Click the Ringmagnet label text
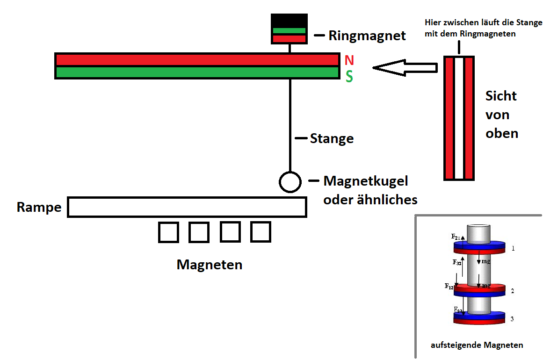[x=367, y=36]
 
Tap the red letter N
[x=349, y=60]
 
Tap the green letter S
[x=349, y=77]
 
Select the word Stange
[x=332, y=138]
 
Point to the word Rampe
[x=39, y=207]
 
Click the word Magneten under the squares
[x=210, y=265]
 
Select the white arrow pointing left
[x=405, y=68]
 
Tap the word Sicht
[x=501, y=96]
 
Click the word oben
[x=502, y=134]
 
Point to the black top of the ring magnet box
[x=289, y=21]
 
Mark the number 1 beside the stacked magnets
[x=513, y=248]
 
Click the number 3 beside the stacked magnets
[x=512, y=319]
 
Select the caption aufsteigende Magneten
[x=477, y=345]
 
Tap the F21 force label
[x=456, y=237]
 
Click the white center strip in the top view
[x=459, y=118]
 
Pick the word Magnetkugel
[x=366, y=181]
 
